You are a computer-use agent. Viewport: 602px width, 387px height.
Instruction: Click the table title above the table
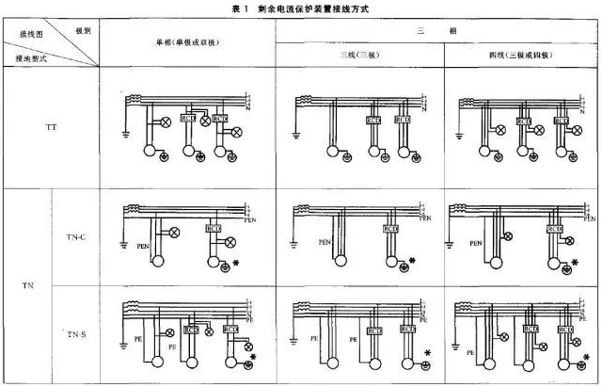[301, 8]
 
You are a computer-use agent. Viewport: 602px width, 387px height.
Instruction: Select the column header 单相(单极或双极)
[185, 44]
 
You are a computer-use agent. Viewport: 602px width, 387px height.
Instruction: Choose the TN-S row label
[76, 334]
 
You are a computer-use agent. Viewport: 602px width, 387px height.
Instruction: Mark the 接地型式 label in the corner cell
[31, 58]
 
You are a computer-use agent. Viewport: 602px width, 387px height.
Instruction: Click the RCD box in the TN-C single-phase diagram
[213, 228]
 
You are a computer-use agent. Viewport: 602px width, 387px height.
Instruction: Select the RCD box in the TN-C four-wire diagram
[554, 228]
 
